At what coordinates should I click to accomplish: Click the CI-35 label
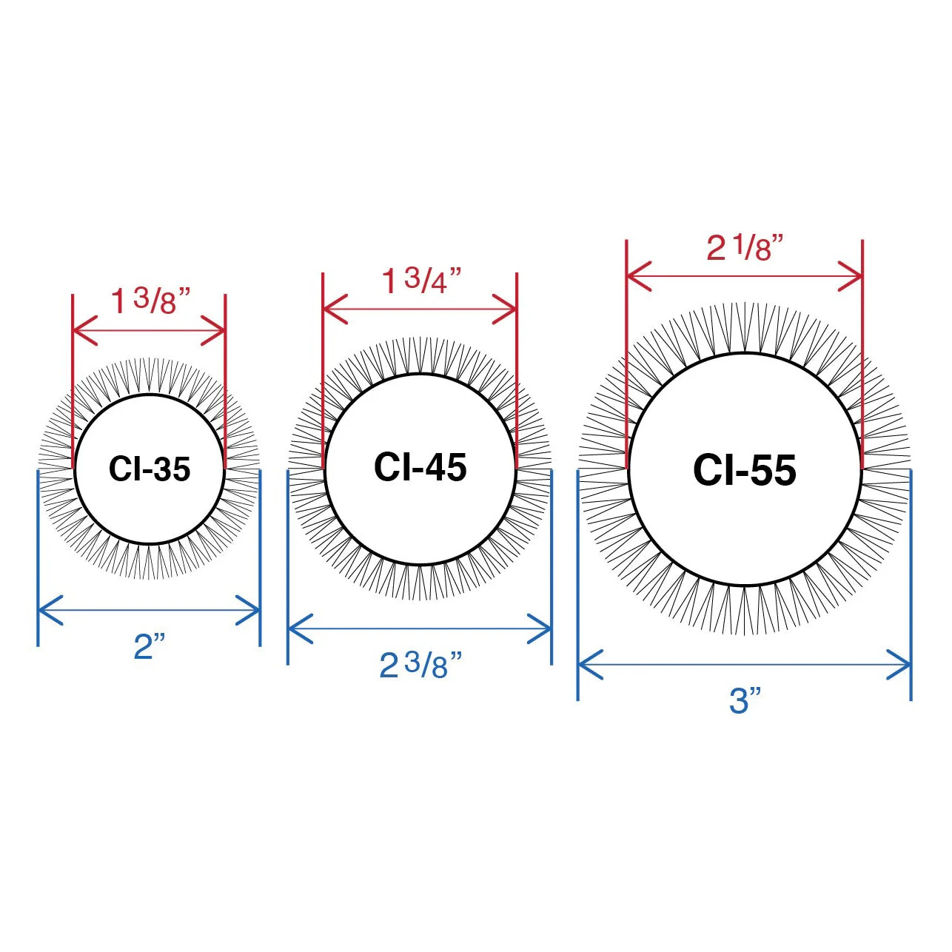point(150,469)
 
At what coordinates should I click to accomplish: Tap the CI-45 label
point(420,466)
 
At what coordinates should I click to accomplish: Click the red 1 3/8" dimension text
point(151,301)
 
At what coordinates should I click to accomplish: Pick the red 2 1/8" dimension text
point(745,247)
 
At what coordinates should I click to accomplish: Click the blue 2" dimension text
point(149,646)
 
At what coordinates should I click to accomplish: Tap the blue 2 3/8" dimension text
point(420,665)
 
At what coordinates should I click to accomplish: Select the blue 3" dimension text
point(745,700)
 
